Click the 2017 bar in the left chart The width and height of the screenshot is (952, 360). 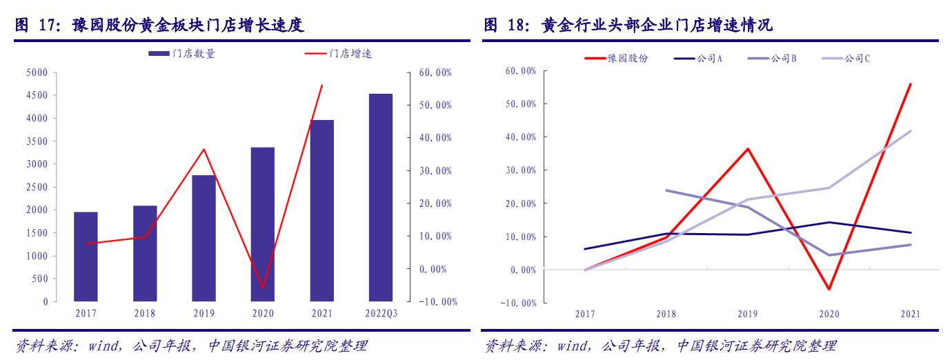pos(86,257)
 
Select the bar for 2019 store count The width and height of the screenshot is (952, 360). pos(204,238)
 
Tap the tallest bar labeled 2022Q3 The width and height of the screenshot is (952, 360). pos(380,198)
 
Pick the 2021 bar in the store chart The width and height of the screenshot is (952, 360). pos(321,210)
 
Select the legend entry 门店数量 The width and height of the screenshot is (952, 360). pos(184,54)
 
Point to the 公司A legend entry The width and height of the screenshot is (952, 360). pos(699,59)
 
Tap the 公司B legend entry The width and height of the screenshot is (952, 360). pos(773,59)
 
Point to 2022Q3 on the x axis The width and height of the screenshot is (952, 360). pos(380,314)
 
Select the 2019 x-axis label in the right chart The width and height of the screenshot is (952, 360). pos(747,314)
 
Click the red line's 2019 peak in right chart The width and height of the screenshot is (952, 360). pos(748,149)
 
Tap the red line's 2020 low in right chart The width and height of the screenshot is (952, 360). pos(829,289)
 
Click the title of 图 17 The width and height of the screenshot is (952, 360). pos(160,26)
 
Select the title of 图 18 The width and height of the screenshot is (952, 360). pos(628,26)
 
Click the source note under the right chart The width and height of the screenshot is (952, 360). pos(660,346)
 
